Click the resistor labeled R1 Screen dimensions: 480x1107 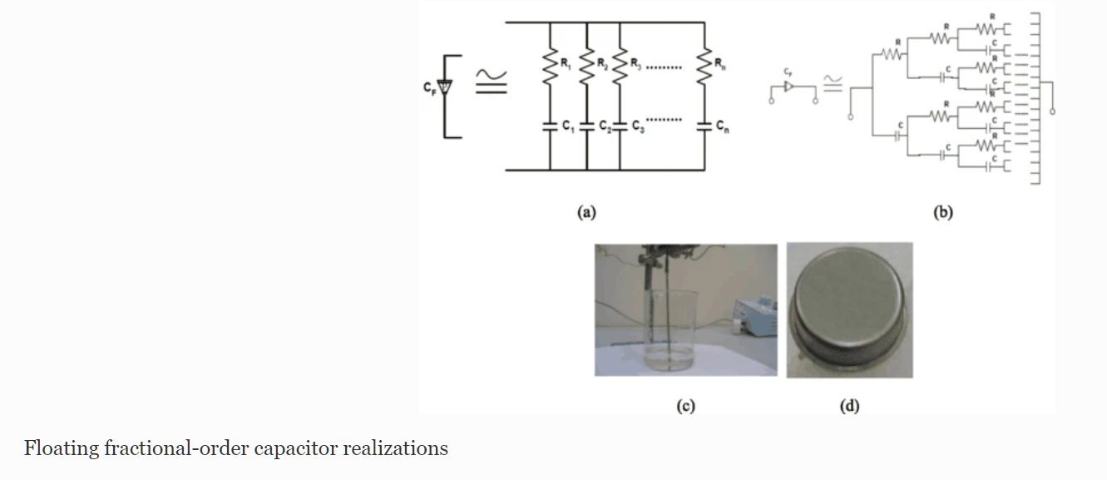pos(550,66)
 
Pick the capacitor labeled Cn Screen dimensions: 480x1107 pos(704,126)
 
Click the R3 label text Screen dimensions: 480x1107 pos(635,62)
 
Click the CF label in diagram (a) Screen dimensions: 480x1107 pos(429,87)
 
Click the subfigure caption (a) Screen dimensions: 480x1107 pos(586,212)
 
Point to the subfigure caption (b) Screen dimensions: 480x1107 pos(942,212)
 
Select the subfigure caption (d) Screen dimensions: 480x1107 pos(849,406)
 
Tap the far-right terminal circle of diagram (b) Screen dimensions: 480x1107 pos(1053,109)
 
